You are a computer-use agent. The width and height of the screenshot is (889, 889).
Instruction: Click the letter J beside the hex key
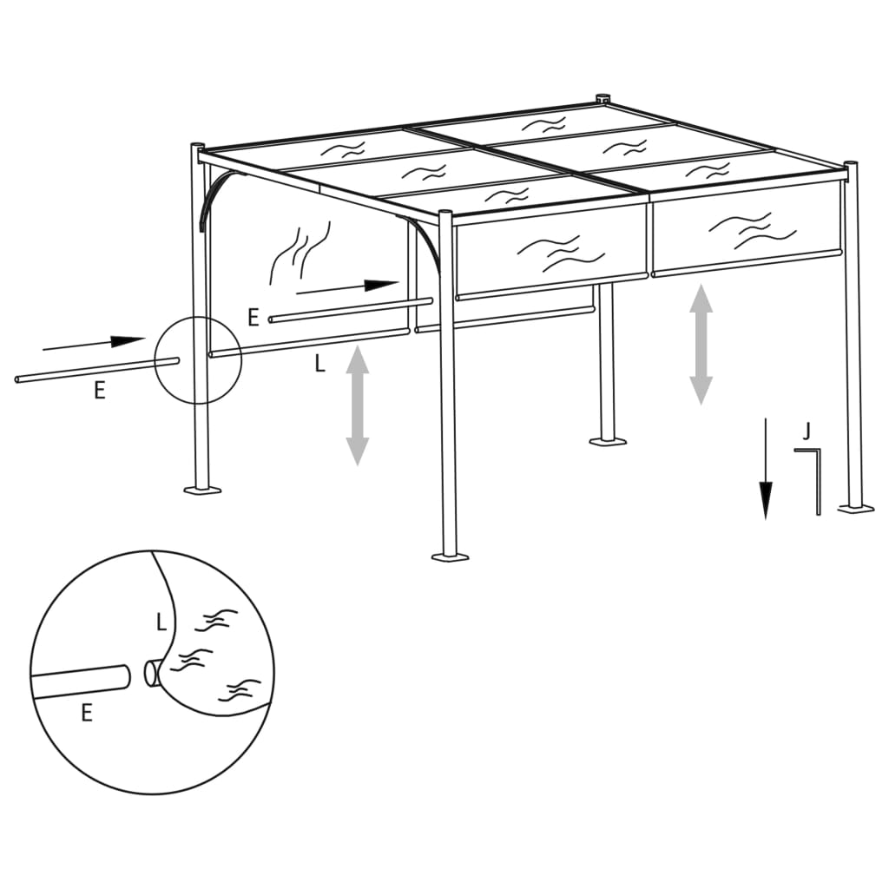click(x=807, y=431)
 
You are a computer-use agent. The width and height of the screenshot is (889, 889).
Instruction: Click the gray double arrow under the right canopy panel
click(x=701, y=345)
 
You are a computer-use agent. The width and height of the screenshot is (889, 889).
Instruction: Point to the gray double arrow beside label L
click(x=358, y=405)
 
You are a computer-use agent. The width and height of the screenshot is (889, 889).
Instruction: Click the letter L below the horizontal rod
click(x=319, y=365)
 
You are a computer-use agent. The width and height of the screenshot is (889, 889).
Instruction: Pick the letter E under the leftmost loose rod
click(x=100, y=392)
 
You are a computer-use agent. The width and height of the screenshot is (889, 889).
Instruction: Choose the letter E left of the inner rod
click(x=254, y=317)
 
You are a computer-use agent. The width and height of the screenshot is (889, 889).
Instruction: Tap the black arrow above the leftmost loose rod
click(x=93, y=343)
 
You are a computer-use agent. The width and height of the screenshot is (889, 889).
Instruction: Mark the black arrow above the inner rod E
click(x=346, y=287)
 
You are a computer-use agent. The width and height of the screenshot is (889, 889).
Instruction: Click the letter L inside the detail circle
click(x=161, y=622)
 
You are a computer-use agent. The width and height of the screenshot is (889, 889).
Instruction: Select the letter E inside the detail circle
click(x=86, y=714)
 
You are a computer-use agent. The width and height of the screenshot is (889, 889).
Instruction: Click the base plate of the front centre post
click(x=450, y=556)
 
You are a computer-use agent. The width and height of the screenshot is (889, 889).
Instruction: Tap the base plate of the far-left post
click(x=201, y=491)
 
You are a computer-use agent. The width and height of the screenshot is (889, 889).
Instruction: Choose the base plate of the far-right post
click(x=856, y=507)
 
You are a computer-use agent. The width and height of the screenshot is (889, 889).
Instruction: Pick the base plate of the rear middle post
click(x=608, y=441)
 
